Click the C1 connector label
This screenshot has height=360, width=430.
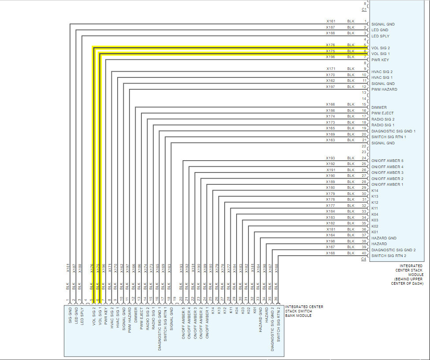coord(364,9)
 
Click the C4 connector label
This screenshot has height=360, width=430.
coord(364,259)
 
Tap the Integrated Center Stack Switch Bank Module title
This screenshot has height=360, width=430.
coord(304,311)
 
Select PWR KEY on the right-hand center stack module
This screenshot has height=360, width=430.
coord(380,60)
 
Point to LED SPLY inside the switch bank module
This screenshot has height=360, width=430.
coord(81,313)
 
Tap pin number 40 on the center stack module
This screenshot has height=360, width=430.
coord(364,253)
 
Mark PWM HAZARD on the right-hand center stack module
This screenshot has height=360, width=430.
coord(384,89)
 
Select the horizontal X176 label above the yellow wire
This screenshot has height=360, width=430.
coord(330,45)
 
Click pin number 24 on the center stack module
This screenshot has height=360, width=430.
coord(364,158)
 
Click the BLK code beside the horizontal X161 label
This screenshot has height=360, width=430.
coord(351,21)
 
